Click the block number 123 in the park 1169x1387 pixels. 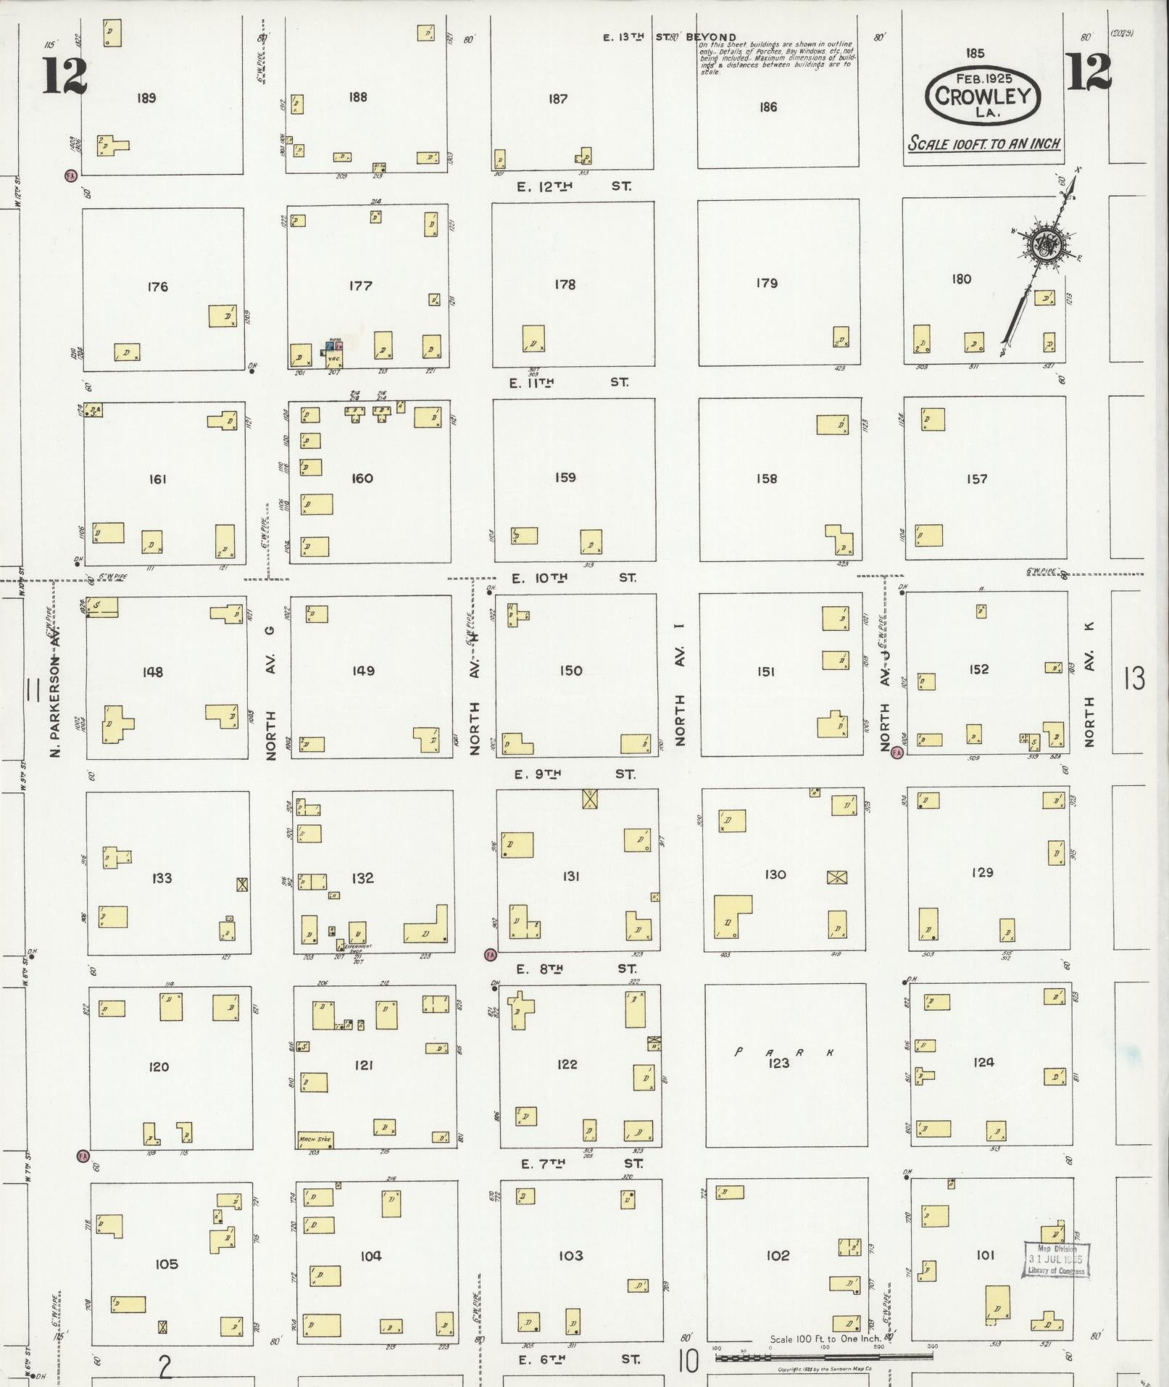pyautogui.click(x=778, y=1064)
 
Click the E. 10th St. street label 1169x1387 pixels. pyautogui.click(x=573, y=578)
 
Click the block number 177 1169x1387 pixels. pyautogui.click(x=360, y=286)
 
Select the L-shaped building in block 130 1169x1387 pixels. pyautogui.click(x=731, y=916)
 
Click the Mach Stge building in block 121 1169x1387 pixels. pyautogui.click(x=315, y=1140)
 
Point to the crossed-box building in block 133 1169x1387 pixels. pyautogui.click(x=242, y=885)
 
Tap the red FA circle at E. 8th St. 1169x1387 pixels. pyautogui.click(x=491, y=954)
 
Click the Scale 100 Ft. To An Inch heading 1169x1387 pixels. pyautogui.click(x=983, y=144)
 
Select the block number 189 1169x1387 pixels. pyautogui.click(x=146, y=98)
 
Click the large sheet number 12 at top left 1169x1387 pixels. pyautogui.click(x=65, y=75)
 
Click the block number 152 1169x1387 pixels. pyautogui.click(x=978, y=668)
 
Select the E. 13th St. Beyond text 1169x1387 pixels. pyautogui.click(x=669, y=37)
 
